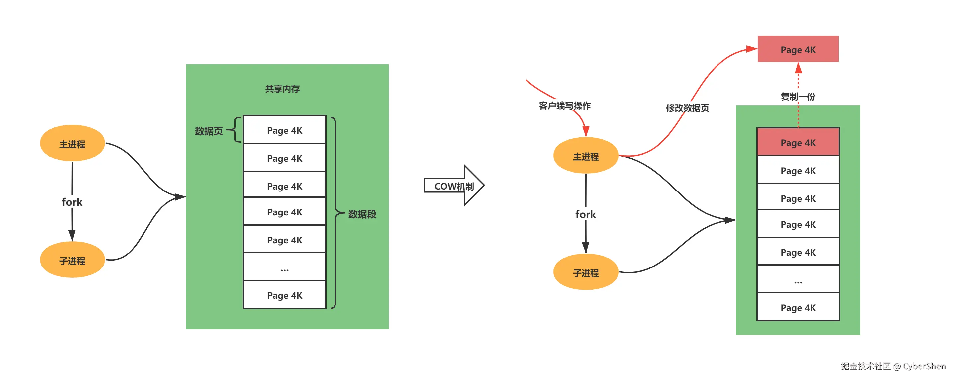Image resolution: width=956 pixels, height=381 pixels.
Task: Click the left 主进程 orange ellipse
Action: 72,143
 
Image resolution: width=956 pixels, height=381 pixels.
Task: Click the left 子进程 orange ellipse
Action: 72,260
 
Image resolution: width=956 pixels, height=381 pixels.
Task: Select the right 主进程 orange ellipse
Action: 586,156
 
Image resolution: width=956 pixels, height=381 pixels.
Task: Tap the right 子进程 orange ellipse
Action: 586,272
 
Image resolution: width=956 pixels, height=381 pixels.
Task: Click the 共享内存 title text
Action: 282,89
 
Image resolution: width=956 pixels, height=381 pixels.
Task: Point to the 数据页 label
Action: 209,131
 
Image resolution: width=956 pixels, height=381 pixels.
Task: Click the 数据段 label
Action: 362,214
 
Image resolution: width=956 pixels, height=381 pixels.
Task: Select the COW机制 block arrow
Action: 454,186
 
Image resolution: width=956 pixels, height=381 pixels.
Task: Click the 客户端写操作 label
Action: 565,106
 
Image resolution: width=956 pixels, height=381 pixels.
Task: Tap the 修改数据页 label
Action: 687,108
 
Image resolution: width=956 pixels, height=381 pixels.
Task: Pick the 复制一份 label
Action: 798,97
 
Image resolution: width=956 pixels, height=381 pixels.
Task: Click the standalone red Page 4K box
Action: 798,49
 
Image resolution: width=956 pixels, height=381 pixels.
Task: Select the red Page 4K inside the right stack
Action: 798,142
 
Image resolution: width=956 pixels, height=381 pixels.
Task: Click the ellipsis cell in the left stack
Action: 285,267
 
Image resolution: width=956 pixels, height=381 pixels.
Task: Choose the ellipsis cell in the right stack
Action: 798,279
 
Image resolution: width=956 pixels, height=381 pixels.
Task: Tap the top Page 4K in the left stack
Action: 285,130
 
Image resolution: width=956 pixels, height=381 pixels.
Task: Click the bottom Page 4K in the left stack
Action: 285,295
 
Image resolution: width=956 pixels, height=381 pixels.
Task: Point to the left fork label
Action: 72,202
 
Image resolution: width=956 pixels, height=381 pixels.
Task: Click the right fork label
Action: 586,214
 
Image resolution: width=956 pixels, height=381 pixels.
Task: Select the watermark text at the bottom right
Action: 893,366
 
